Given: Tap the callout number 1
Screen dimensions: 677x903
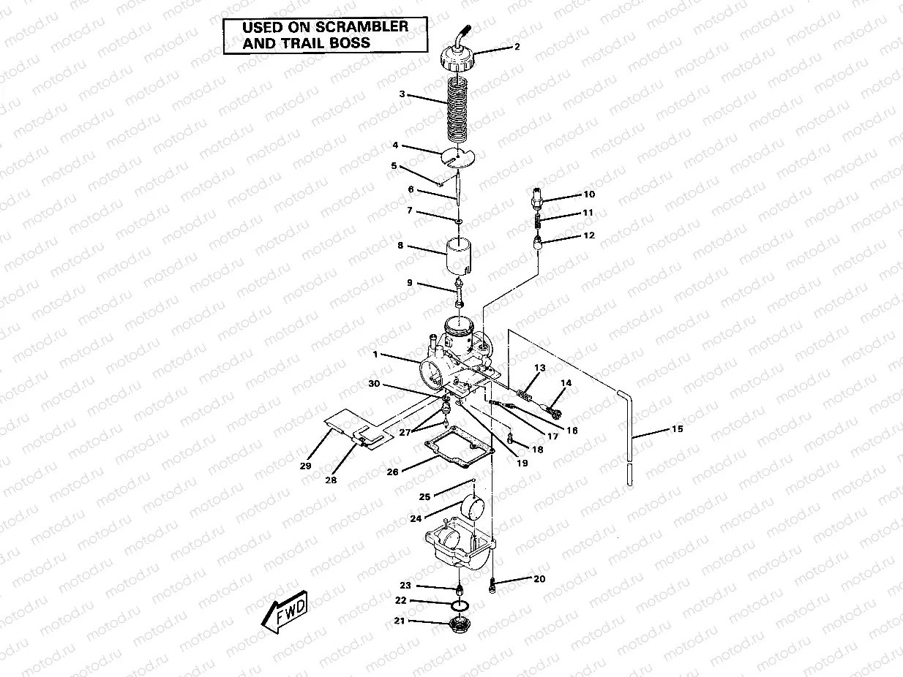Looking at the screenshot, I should click(375, 355).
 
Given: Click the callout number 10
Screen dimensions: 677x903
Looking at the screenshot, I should click(589, 194).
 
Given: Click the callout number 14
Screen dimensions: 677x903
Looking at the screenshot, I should click(566, 383).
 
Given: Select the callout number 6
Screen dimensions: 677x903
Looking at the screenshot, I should click(411, 189).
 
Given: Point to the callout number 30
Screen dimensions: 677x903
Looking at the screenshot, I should click(373, 384).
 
